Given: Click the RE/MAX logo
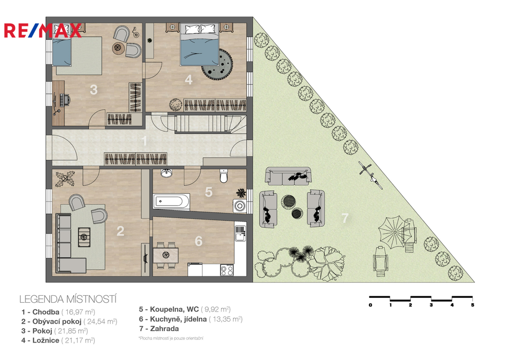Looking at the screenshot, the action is click(x=43, y=30).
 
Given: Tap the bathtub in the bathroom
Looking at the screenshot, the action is click(x=171, y=201).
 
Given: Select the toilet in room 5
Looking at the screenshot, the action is click(x=224, y=176).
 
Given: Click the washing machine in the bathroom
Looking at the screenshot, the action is click(x=240, y=206).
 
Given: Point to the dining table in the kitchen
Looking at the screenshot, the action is click(x=166, y=255).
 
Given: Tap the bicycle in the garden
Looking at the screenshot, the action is click(x=371, y=175).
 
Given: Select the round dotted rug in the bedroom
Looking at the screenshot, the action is click(x=217, y=63).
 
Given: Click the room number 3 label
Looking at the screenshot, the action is click(x=94, y=90).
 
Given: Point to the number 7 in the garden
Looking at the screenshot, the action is click(x=345, y=218).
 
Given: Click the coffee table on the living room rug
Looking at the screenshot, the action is click(x=84, y=237).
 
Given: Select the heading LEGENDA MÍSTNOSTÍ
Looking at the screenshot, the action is click(x=68, y=299).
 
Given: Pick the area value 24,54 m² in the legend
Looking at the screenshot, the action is click(x=100, y=322).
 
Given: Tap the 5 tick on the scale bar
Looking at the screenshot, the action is click(x=472, y=305).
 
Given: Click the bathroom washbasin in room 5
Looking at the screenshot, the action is click(x=166, y=173).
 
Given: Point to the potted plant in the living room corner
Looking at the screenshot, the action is click(x=65, y=179).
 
